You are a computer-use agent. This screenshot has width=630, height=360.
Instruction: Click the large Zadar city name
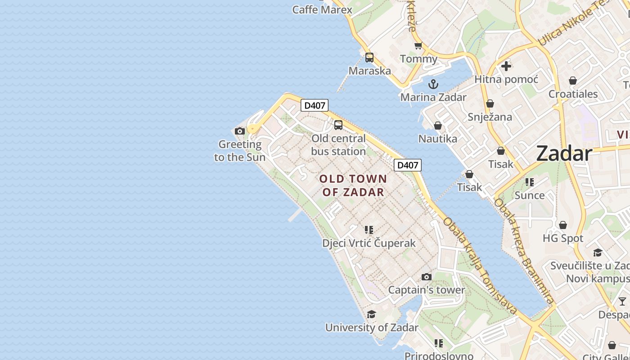tap(564, 154)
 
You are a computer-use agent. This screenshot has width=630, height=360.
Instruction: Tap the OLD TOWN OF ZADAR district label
tap(353, 185)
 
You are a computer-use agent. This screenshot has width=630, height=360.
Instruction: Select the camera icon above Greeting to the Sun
tap(240, 131)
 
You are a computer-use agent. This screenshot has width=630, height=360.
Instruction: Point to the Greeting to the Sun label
tap(240, 151)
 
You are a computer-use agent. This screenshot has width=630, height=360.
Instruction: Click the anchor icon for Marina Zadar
tap(433, 84)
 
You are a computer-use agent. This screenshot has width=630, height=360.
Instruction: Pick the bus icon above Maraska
tap(369, 58)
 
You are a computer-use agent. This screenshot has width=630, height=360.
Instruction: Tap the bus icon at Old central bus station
tap(338, 125)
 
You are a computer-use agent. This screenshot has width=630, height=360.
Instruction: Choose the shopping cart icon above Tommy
tap(418, 46)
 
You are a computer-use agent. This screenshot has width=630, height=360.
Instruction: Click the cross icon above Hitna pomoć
tap(506, 66)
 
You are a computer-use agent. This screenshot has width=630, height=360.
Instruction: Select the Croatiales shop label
tap(573, 94)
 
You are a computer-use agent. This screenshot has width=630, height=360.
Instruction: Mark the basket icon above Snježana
tap(490, 104)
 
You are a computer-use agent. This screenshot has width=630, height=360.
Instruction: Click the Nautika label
tap(438, 139)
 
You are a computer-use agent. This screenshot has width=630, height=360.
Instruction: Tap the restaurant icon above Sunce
tap(530, 182)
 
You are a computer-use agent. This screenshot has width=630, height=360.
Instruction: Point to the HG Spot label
tap(563, 238)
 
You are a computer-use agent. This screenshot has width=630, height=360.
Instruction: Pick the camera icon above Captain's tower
tap(427, 277)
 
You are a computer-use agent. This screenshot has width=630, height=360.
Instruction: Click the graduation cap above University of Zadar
tap(371, 314)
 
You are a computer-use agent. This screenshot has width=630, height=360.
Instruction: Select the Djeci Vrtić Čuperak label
tap(369, 243)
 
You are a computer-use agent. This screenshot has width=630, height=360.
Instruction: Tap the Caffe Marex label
tap(322, 9)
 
